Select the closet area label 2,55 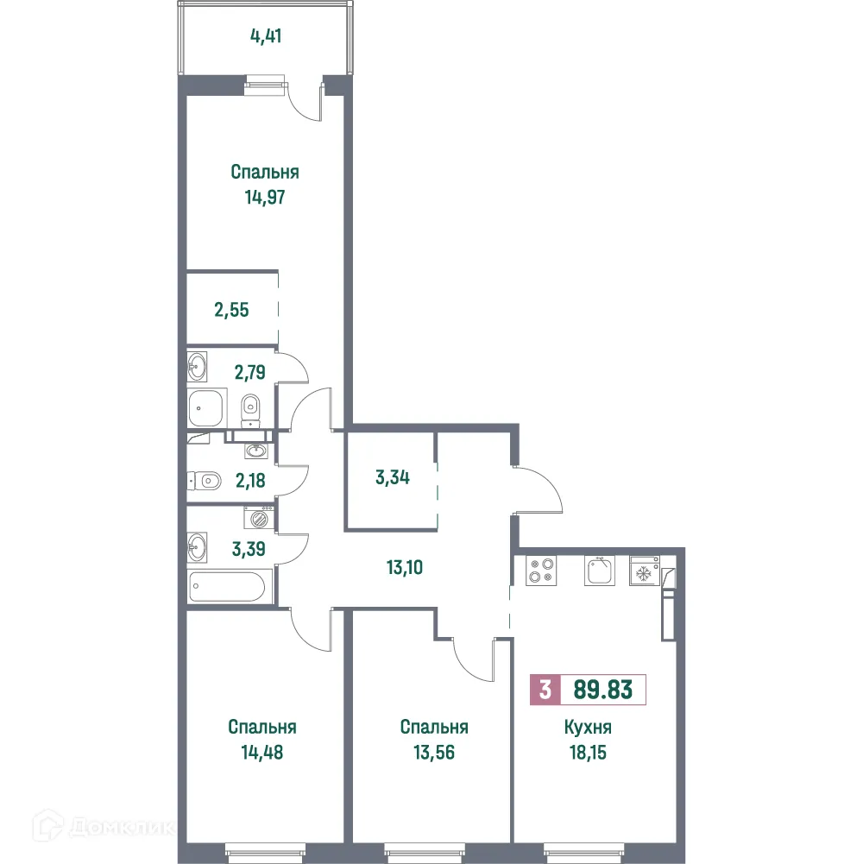tap(231, 309)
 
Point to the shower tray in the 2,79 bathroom tap(207, 407)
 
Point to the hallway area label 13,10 tap(410, 567)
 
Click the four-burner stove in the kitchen tap(540, 571)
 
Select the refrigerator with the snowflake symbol tap(644, 572)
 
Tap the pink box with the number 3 tap(545, 691)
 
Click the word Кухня tap(593, 728)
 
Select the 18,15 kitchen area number tap(593, 752)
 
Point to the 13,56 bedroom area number tap(434, 752)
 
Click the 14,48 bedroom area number tap(263, 752)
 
